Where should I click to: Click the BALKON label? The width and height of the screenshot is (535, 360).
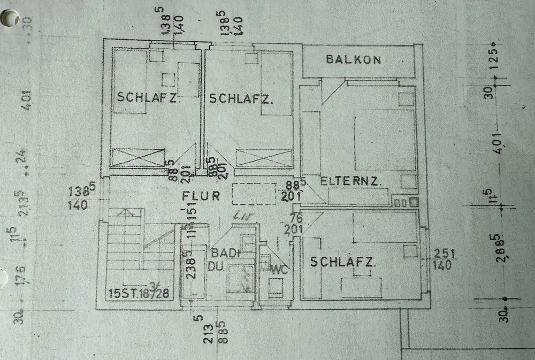(354, 59)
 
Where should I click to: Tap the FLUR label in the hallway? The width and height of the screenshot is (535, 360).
(201, 196)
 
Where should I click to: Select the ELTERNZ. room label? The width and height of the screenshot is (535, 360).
(351, 181)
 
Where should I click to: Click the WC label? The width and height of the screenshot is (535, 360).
(279, 270)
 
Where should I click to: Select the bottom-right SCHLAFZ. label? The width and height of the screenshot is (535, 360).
(343, 263)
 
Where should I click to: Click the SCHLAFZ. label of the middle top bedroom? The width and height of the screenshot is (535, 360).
(241, 99)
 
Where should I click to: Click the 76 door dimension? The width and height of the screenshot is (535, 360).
(295, 218)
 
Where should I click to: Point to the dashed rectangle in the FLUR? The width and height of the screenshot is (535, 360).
(254, 195)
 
